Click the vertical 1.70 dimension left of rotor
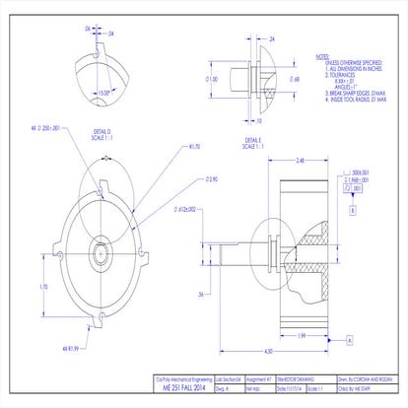42,286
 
